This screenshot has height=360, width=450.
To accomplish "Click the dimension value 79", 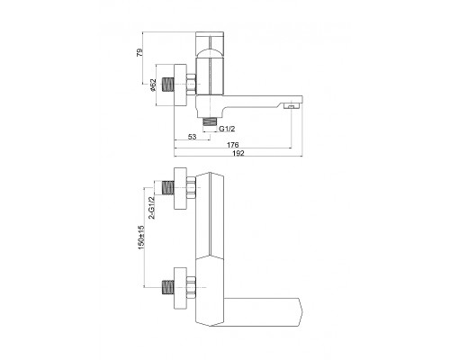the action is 139,52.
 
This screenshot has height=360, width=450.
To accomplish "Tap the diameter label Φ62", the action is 153,85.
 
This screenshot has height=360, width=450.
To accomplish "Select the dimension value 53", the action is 192,137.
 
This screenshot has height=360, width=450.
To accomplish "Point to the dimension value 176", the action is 232,145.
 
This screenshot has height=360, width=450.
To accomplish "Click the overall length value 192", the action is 238,153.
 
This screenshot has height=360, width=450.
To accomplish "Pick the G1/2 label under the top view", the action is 227,129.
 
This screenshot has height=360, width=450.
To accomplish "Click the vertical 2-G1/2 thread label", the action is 152,207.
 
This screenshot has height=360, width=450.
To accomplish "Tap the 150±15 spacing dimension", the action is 141,237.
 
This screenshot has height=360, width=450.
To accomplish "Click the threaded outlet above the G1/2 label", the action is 210,121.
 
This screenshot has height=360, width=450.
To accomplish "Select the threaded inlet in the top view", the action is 168,85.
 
